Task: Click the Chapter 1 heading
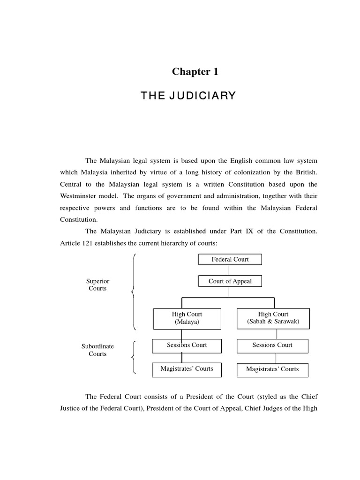tap(195, 72)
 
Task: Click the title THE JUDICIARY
tap(188, 97)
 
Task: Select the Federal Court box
tap(230, 260)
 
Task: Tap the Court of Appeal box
tap(230, 281)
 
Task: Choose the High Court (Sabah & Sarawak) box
tap(274, 318)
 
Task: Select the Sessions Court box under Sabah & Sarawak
tap(272, 346)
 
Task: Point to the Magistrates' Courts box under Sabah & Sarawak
tap(272, 369)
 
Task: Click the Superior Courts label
tap(98, 285)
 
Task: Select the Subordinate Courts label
tap(98, 350)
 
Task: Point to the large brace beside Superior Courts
tap(135, 292)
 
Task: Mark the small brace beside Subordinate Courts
tap(135, 357)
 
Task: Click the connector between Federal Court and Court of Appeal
tap(228, 270)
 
